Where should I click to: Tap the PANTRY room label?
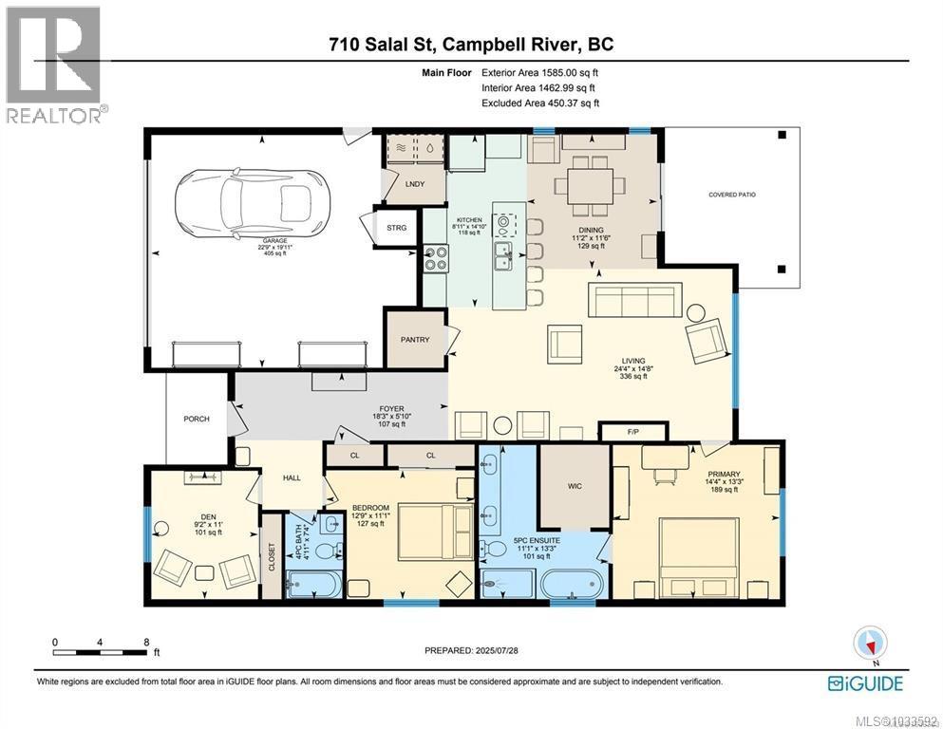click(415, 340)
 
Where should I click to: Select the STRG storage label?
click(396, 228)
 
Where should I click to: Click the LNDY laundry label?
click(414, 185)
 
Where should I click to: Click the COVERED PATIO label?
click(732, 195)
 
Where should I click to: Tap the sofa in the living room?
click(633, 302)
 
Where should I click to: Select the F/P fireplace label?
click(633, 432)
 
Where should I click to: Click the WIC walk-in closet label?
click(574, 486)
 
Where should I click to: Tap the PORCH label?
click(197, 419)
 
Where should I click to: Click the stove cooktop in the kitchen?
click(435, 258)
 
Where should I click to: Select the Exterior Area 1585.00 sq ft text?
click(539, 72)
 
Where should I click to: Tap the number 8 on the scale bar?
click(145, 642)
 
